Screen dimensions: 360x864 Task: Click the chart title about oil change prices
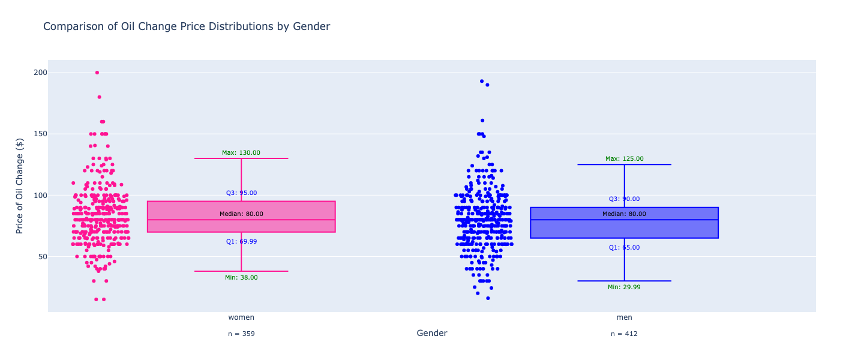coord(187,26)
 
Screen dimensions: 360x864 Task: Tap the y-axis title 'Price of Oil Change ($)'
coord(20,185)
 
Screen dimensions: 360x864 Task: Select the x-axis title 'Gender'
coord(432,334)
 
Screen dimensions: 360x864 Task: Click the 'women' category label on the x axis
coord(241,317)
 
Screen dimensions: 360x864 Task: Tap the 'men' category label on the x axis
coord(624,317)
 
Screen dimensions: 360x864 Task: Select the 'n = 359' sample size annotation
coord(241,334)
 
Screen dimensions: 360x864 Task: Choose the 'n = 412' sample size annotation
coord(624,334)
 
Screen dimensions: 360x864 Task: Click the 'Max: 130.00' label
coord(241,153)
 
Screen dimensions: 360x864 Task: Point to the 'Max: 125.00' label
coord(624,159)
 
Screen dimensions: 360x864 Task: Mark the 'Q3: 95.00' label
coord(241,193)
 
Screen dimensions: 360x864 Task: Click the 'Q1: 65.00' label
coord(624,248)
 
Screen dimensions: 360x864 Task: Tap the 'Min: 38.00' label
coord(241,278)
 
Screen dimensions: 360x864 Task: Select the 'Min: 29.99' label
coord(624,287)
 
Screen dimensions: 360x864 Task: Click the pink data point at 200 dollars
coord(97,73)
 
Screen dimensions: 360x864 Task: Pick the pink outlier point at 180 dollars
coord(100,97)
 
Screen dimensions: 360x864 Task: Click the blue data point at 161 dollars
coord(482,121)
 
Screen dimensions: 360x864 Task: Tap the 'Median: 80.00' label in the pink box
coord(241,214)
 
